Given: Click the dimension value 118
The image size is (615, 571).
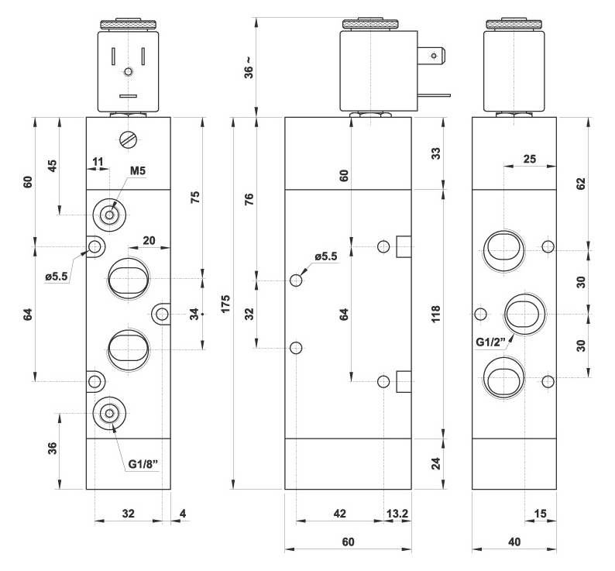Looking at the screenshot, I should [435, 314].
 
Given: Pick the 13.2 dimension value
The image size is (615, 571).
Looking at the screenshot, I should [398, 514].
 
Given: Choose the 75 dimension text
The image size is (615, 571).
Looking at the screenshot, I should [195, 196].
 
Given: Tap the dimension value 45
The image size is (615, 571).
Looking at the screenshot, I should [53, 166].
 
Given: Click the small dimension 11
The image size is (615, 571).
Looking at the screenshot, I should [98, 161].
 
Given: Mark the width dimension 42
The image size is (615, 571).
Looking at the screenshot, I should [338, 514].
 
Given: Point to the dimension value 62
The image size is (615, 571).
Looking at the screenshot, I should [582, 183].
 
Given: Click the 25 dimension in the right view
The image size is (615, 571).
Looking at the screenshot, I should [529, 159].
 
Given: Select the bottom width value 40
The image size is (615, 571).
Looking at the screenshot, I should [514, 542].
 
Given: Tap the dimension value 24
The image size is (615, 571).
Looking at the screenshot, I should [435, 463].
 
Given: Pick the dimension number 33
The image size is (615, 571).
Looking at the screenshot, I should [435, 153].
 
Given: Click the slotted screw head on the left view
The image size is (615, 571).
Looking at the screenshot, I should [129, 140].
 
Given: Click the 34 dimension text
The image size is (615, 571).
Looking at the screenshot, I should [194, 314].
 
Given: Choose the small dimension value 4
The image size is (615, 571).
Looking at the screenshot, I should [184, 514].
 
